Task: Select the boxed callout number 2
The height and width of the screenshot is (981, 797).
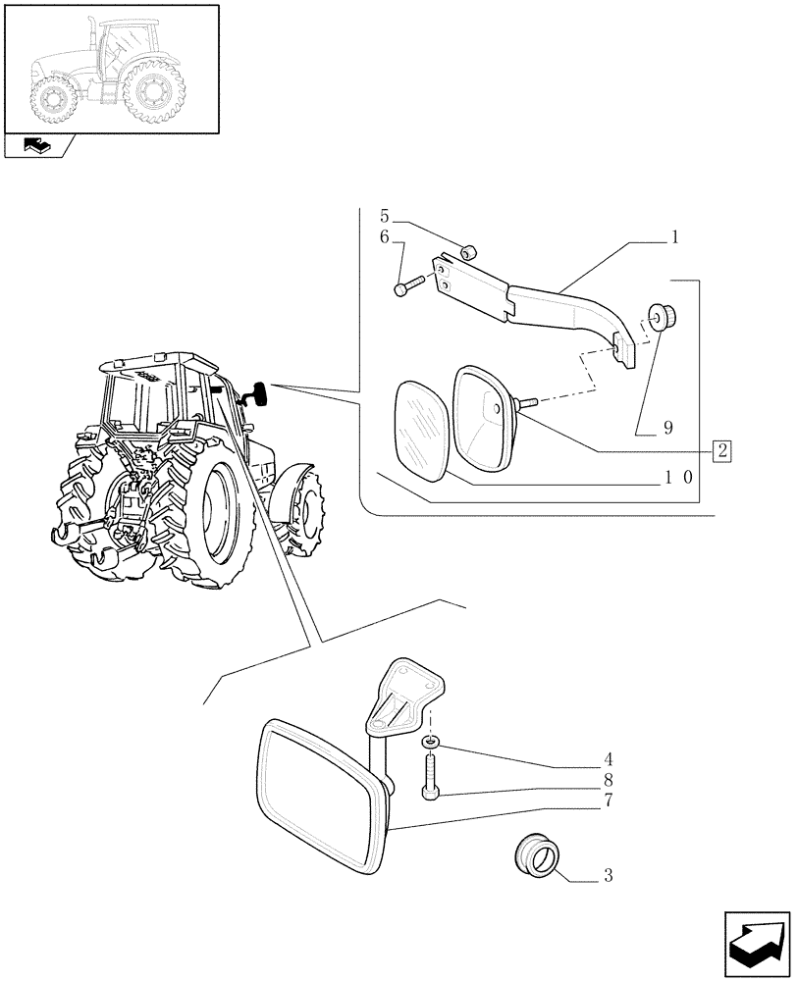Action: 722,451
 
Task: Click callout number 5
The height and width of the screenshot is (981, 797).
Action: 386,216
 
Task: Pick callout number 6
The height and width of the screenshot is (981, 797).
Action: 386,237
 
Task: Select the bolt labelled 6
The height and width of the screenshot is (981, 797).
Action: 407,286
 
